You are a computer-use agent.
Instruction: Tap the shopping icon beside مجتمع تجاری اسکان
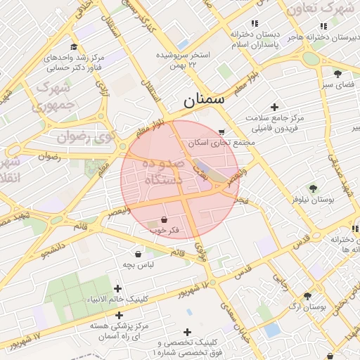tap(222, 132)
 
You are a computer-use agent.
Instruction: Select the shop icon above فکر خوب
tap(163, 219)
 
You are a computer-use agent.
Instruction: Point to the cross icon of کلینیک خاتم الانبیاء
tap(117, 288)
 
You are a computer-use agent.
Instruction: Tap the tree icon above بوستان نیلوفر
tap(313, 188)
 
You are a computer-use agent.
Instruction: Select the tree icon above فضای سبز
tap(337, 73)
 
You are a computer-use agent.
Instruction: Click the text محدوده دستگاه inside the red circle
tap(162, 171)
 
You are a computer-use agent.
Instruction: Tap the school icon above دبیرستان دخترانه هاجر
tap(323, 26)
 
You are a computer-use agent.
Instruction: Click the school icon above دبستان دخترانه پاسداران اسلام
tap(255, 23)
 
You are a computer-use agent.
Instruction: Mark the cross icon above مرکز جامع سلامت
tap(274, 107)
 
